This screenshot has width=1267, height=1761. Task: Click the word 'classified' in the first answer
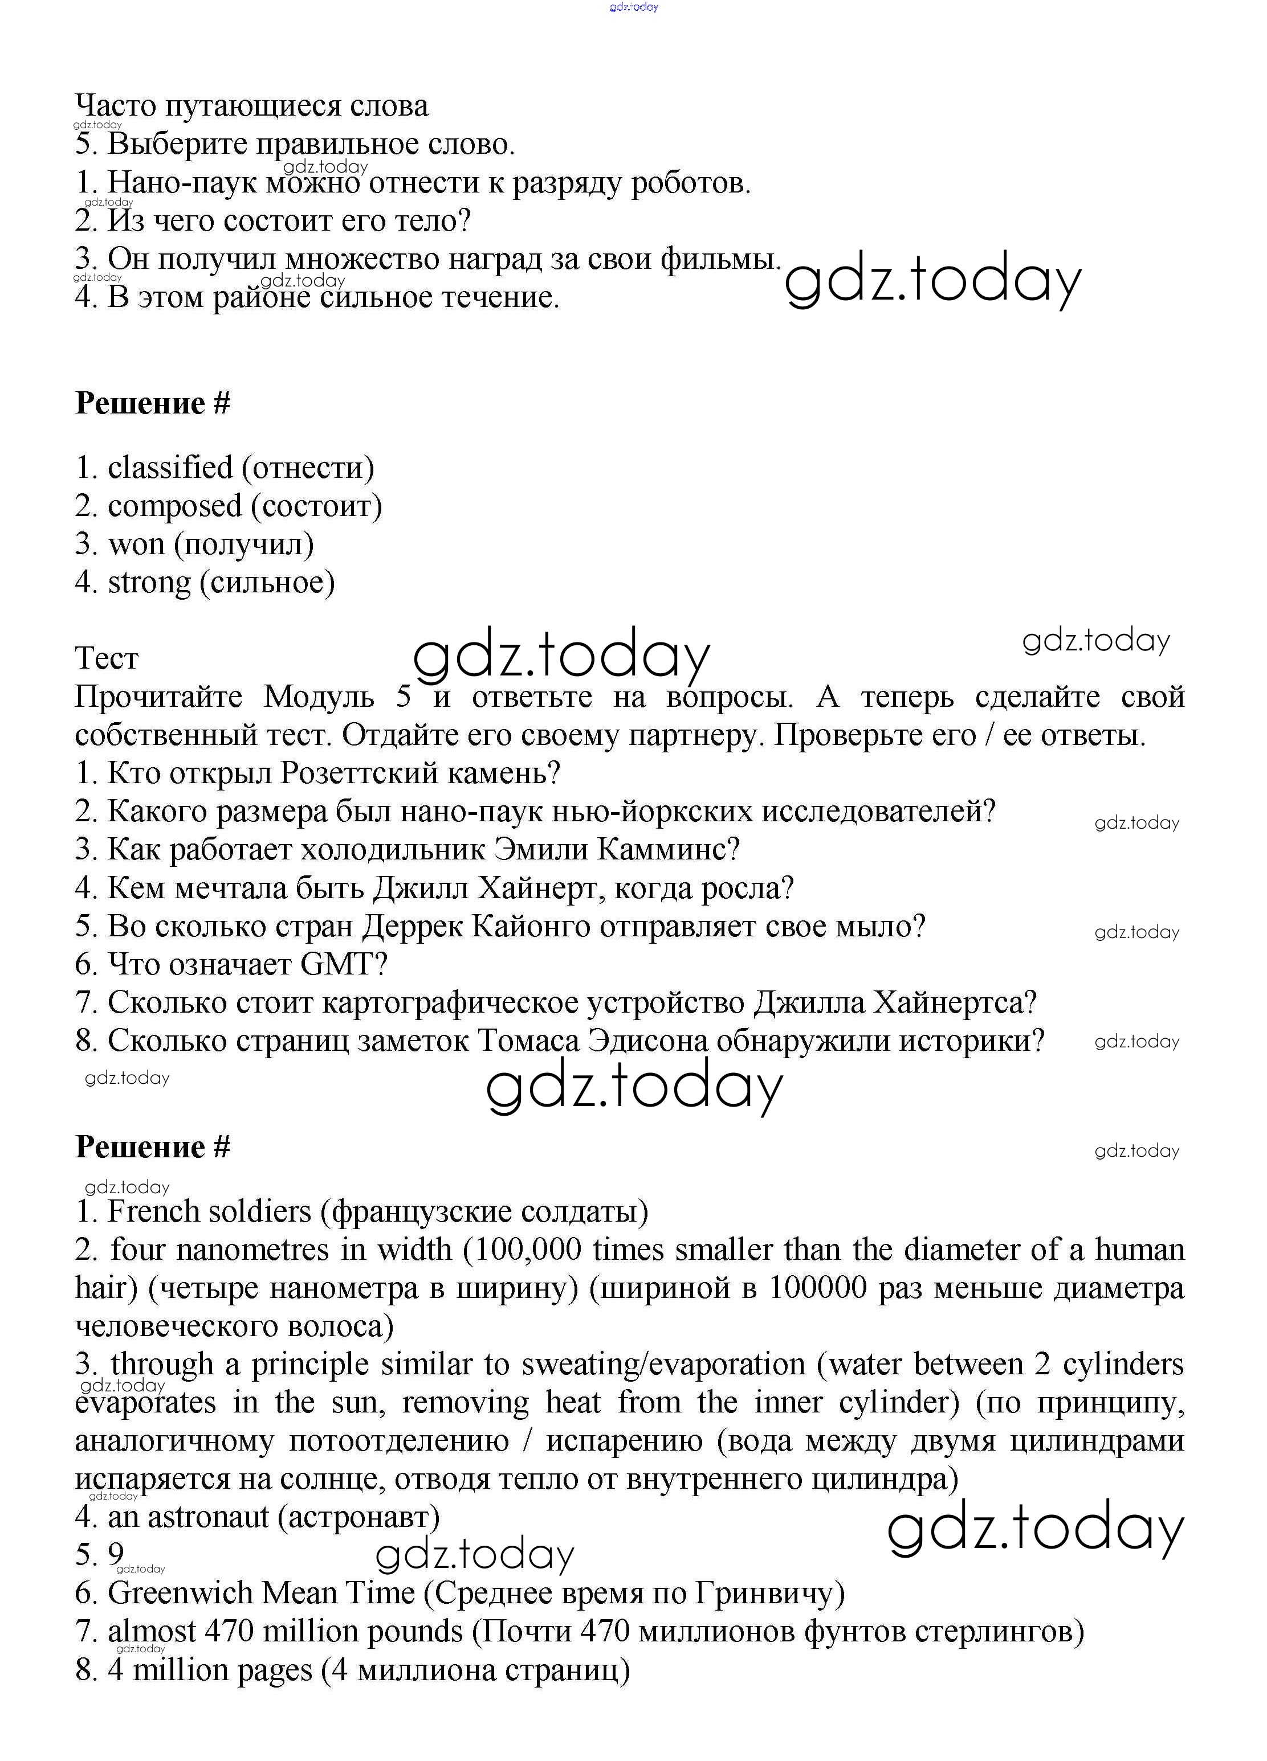[169, 468]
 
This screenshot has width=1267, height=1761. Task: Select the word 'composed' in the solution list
[175, 507]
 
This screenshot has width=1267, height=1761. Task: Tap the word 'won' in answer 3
[136, 545]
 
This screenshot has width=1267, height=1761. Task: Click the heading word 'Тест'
[107, 659]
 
